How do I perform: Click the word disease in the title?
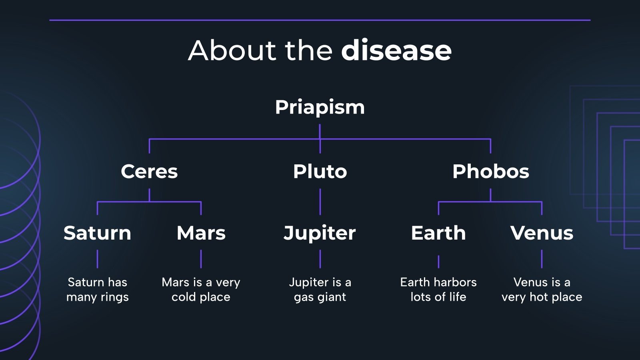pyautogui.click(x=396, y=50)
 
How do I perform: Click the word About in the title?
pyautogui.click(x=232, y=50)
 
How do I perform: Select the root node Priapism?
pyautogui.click(x=320, y=107)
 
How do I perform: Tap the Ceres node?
pyautogui.click(x=149, y=171)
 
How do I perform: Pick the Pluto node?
pyautogui.click(x=320, y=171)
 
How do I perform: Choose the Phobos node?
pyautogui.click(x=490, y=171)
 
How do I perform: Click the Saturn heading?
pyautogui.click(x=97, y=233)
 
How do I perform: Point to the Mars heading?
pyautogui.click(x=201, y=233)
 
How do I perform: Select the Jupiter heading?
pyautogui.click(x=320, y=233)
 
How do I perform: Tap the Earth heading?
pyautogui.click(x=438, y=233)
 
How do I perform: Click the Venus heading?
pyautogui.click(x=542, y=233)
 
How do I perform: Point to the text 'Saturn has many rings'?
pyautogui.click(x=97, y=290)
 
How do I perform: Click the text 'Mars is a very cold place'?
pyautogui.click(x=201, y=290)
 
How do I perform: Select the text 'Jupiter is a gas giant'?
pyautogui.click(x=320, y=290)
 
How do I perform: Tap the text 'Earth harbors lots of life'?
pyautogui.click(x=438, y=290)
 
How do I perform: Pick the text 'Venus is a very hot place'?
pyautogui.click(x=542, y=290)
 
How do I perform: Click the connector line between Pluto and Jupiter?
pyautogui.click(x=320, y=202)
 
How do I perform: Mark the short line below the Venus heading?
pyautogui.click(x=542, y=259)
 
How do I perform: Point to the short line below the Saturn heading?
pyautogui.click(x=97, y=259)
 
